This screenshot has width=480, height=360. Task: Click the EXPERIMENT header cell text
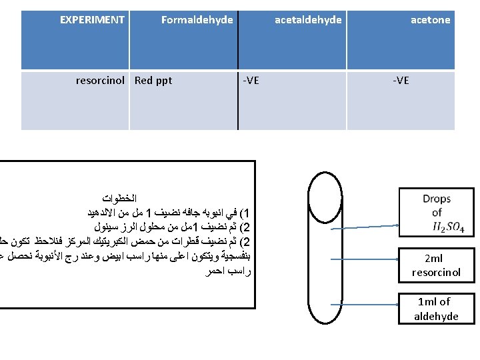pos(92,20)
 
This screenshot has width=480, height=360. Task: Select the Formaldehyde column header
pos(197,20)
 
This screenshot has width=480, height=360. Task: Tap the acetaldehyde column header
pos(308,20)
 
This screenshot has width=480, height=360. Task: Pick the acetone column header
pos(430,20)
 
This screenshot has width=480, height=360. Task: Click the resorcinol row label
pos(100,81)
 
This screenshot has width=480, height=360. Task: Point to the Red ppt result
pos(153,81)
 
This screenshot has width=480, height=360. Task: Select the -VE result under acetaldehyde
pos(251,81)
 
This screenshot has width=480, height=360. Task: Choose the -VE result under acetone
pos(401,81)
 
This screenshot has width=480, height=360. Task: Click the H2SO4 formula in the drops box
pos(449,228)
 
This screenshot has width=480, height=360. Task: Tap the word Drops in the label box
pos(437,199)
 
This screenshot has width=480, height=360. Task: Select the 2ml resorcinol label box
pos(437,265)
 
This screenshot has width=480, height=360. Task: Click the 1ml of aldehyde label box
pos(437,309)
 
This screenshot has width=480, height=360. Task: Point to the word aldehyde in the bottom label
pos(437,316)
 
